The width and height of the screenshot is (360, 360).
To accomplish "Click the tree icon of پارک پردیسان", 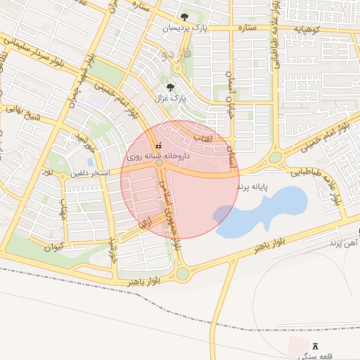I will [x=184, y=16].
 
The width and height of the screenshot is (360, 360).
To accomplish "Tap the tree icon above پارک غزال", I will [x=170, y=87].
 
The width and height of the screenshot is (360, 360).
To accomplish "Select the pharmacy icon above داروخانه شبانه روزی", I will [x=157, y=145].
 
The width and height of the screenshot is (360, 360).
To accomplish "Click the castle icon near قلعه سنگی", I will [x=314, y=346].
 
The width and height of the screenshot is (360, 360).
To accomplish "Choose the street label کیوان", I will [x=53, y=247].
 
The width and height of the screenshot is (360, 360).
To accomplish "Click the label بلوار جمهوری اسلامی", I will [x=170, y=211].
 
